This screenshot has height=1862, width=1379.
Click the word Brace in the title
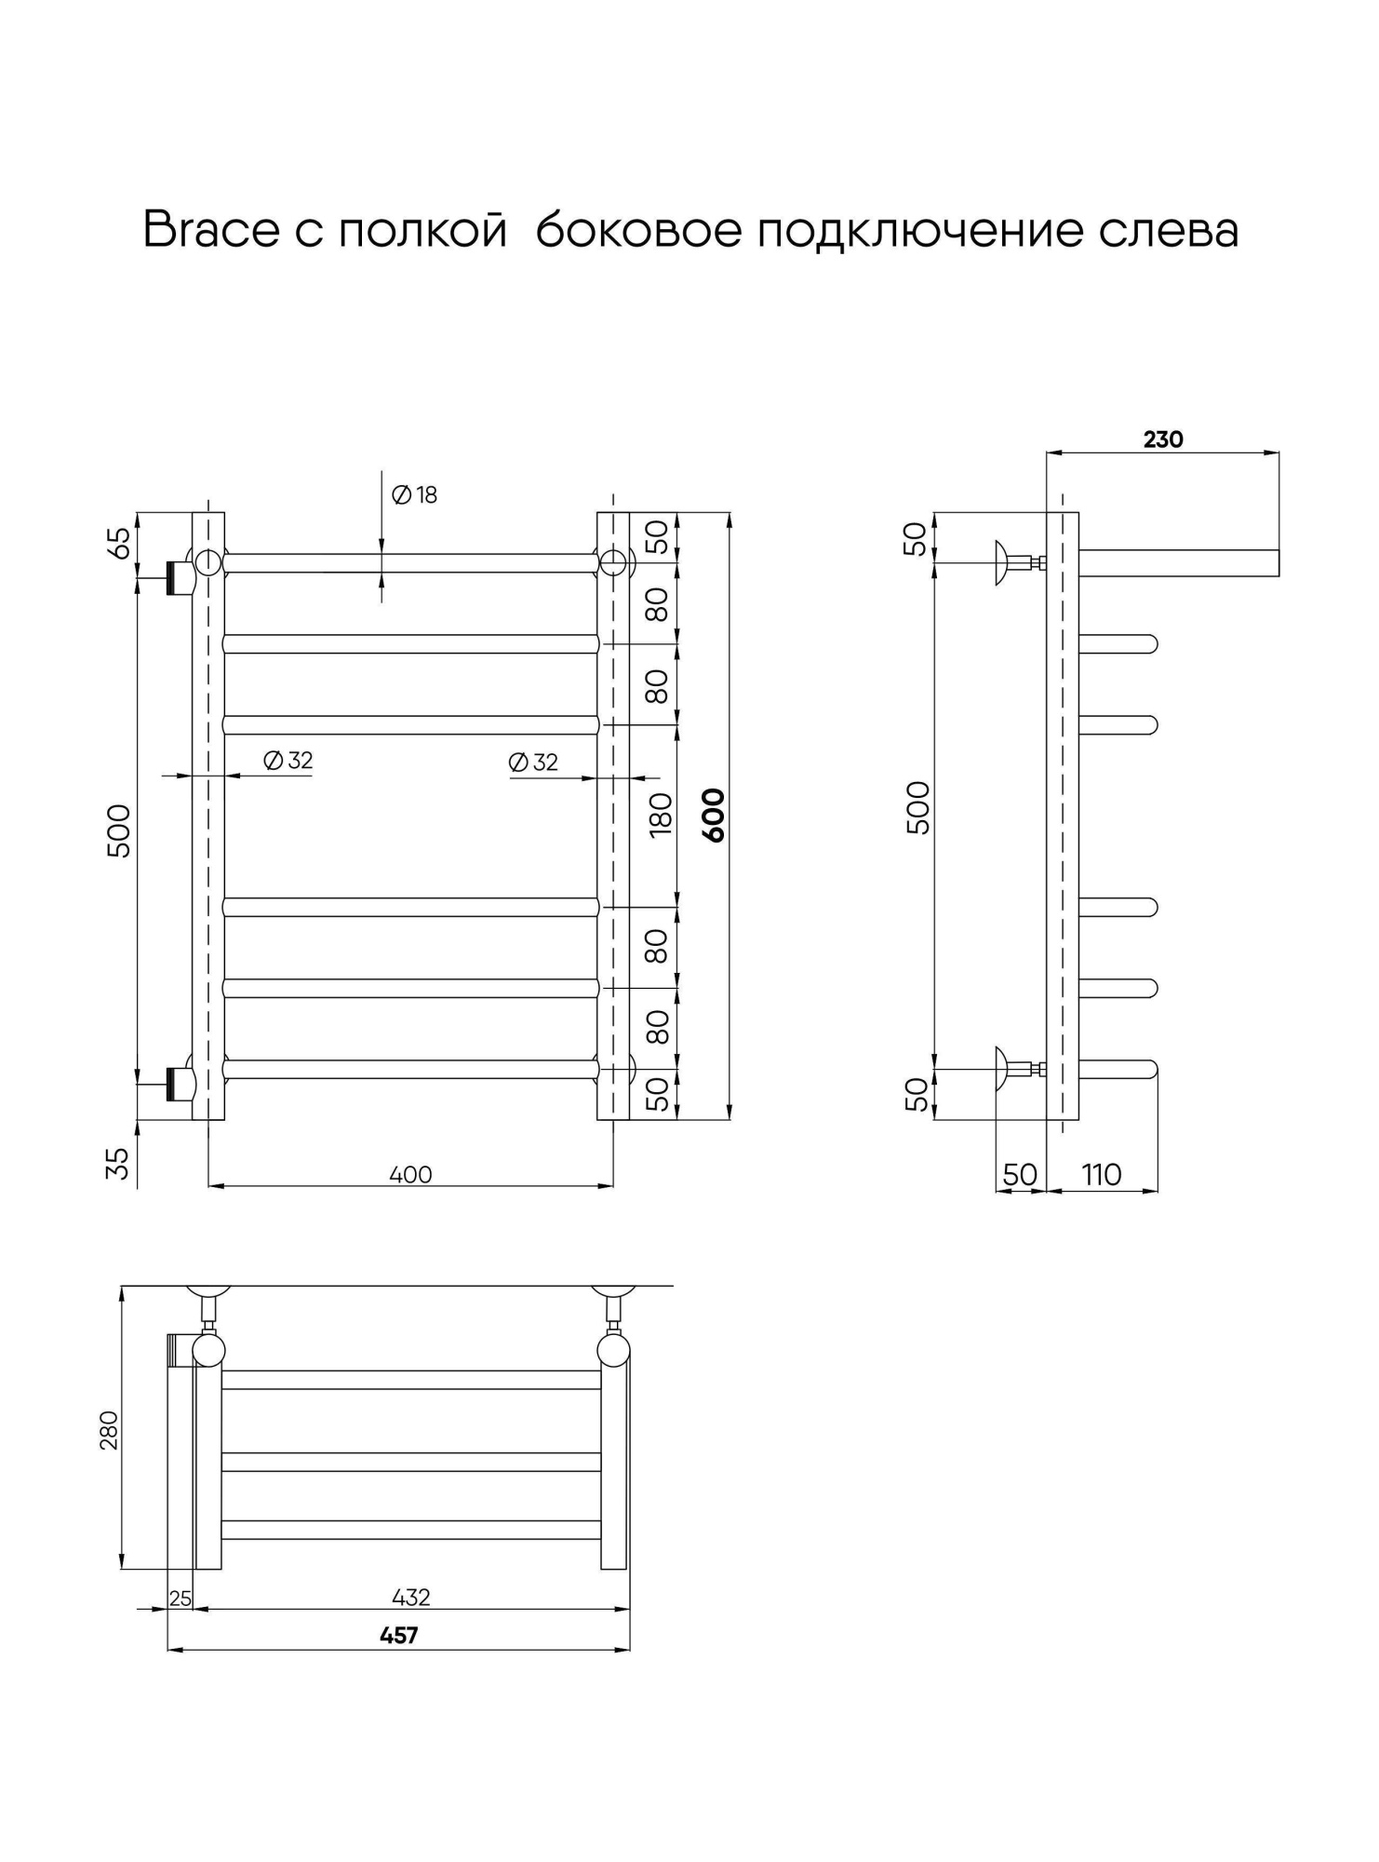210,229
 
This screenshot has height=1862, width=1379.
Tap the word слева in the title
1168,229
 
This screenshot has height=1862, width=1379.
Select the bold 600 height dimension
713,815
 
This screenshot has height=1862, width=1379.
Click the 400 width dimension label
410,1175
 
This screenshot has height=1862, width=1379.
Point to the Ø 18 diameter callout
415,495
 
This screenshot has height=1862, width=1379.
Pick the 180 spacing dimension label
660,815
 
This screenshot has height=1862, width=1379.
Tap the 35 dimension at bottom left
118,1163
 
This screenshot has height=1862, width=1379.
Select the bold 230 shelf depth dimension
1163,439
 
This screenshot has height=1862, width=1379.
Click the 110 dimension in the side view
1102,1175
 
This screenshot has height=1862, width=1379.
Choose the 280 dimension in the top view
109,1429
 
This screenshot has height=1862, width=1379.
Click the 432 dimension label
410,1598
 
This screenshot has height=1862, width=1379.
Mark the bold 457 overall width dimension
399,1635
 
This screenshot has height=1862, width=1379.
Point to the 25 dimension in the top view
181,1599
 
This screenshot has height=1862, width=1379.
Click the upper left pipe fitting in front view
180,578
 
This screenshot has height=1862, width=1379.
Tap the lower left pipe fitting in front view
180,1084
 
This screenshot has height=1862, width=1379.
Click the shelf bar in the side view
1178,563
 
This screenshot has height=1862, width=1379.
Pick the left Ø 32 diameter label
288,761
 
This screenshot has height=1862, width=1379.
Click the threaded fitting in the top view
179,1350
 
